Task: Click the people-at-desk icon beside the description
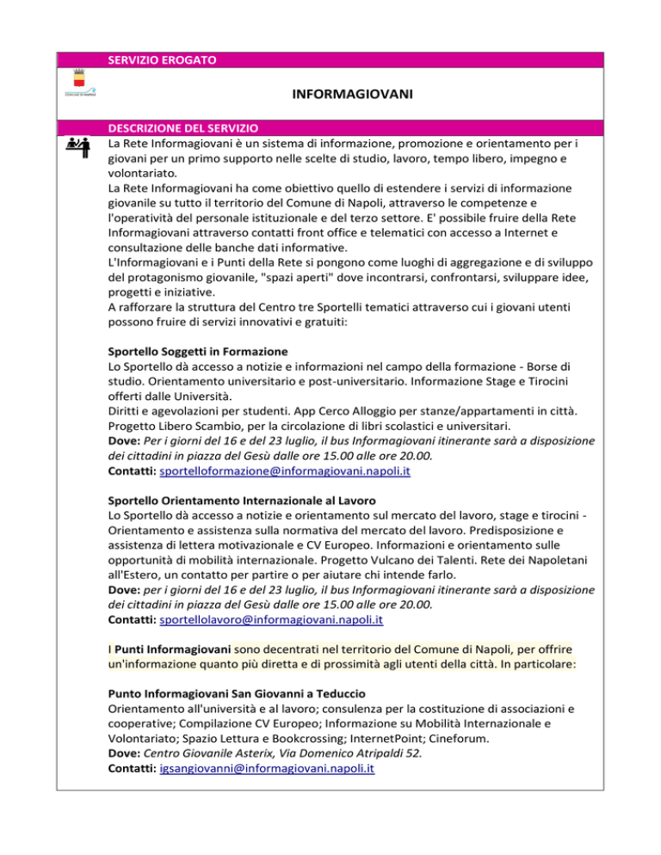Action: pyautogui.click(x=82, y=145)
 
